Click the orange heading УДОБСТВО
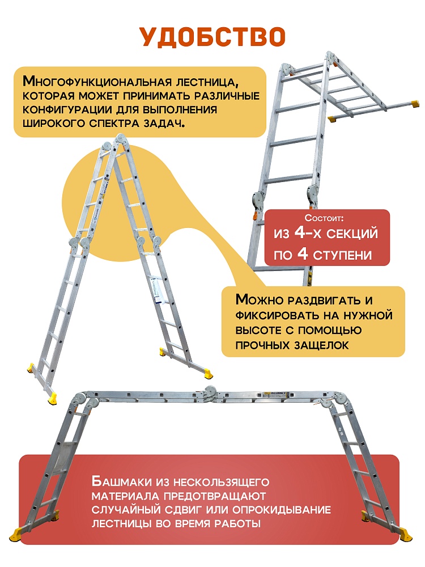tap(212, 36)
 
